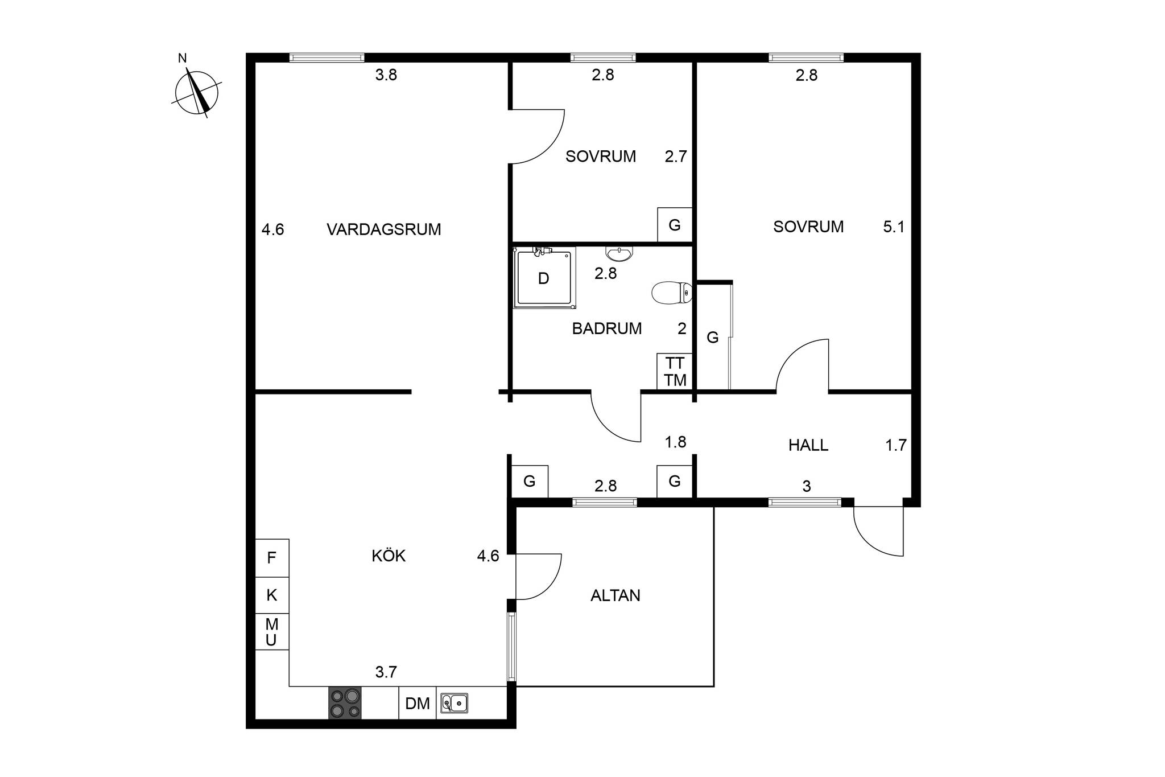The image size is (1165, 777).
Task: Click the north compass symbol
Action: click(x=197, y=92)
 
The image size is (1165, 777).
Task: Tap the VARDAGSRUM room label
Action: click(x=384, y=229)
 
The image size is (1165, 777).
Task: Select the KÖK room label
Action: click(x=389, y=556)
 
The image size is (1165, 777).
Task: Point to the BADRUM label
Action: click(x=607, y=328)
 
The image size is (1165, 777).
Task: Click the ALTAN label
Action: click(x=615, y=595)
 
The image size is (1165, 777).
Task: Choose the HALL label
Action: click(x=808, y=445)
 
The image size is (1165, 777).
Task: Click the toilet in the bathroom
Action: click(x=672, y=293)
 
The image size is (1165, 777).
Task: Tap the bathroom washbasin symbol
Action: click(x=619, y=253)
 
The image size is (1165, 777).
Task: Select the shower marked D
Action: click(x=544, y=278)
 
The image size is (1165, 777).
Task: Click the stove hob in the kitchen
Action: click(x=345, y=703)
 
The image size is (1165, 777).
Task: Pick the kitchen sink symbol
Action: click(x=455, y=704)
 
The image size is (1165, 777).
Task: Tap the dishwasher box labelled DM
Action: click(x=418, y=703)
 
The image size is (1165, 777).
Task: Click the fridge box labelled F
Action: click(x=272, y=558)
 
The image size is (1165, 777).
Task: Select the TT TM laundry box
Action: click(x=675, y=372)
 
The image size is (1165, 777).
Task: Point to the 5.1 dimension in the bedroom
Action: click(x=894, y=227)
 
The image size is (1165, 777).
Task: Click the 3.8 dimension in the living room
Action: click(x=386, y=75)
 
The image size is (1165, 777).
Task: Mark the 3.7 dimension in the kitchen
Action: click(x=386, y=672)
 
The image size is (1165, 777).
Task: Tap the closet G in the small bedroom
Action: click(x=675, y=225)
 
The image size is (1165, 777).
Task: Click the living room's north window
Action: click(x=327, y=57)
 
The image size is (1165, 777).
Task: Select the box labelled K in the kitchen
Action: click(x=272, y=595)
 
